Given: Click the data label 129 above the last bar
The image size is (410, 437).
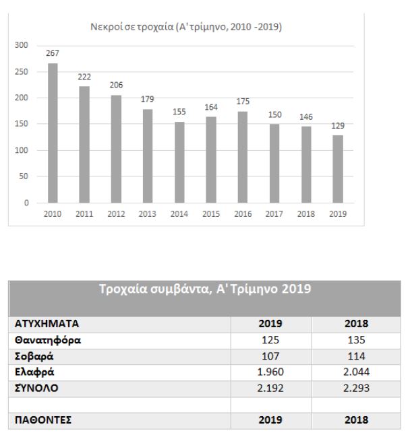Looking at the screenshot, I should [337, 126].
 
